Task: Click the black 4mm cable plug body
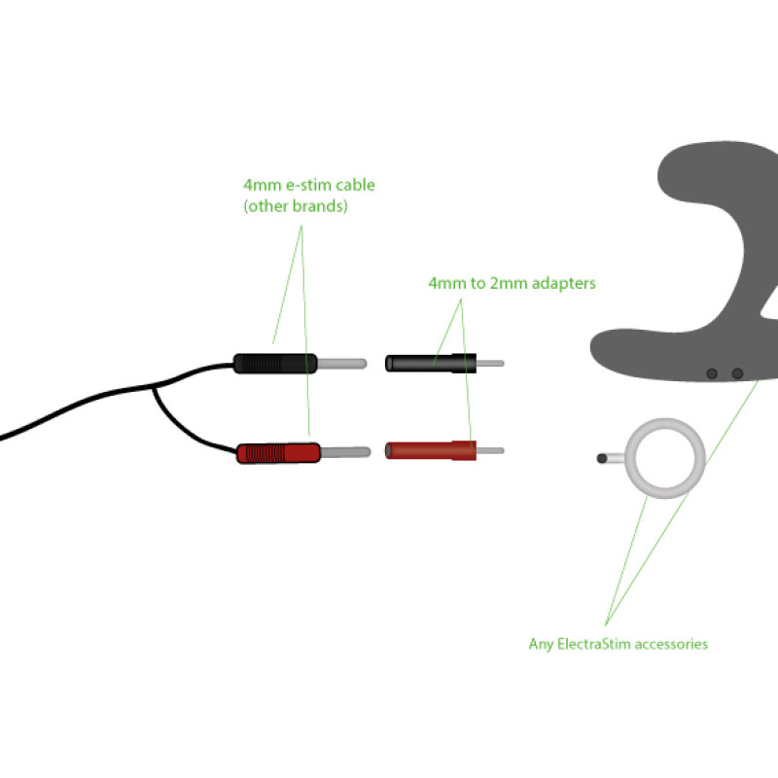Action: [x=275, y=364]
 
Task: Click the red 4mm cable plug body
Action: [x=278, y=452]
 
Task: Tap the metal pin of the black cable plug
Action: [x=341, y=364]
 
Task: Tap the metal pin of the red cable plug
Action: [x=344, y=452]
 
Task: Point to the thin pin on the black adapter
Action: [x=490, y=364]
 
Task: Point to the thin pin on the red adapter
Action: [x=490, y=451]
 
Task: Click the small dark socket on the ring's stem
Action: [x=603, y=457]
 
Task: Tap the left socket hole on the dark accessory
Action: [x=712, y=373]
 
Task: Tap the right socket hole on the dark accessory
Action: [x=737, y=373]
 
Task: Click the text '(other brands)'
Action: [x=296, y=207]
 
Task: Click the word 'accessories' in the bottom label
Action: [x=671, y=644]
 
